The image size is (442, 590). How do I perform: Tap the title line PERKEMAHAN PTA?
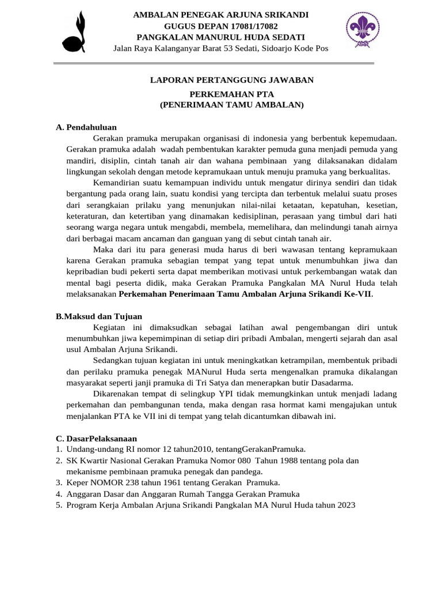click(x=231, y=94)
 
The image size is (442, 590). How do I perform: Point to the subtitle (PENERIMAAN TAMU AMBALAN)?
click(x=231, y=105)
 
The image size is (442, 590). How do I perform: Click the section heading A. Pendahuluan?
click(x=86, y=127)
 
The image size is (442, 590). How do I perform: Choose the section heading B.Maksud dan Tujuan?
click(x=98, y=316)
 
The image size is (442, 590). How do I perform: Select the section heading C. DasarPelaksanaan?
click(x=96, y=438)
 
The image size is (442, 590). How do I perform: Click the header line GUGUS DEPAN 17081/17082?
click(x=220, y=27)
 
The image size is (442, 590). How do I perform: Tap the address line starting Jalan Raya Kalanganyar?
click(x=220, y=48)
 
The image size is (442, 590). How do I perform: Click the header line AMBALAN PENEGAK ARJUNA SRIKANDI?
click(x=221, y=14)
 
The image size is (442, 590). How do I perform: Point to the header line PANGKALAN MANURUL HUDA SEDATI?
click(x=220, y=37)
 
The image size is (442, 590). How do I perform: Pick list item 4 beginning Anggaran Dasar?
click(x=183, y=494)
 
